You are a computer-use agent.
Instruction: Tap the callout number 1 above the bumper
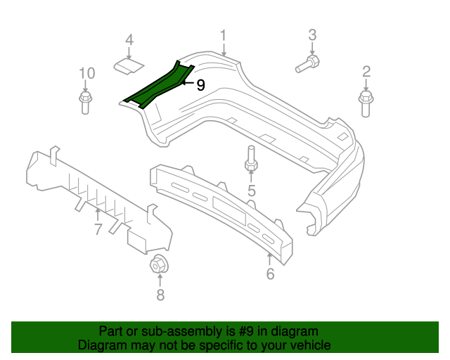(224, 36)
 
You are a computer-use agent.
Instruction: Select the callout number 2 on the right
(366, 70)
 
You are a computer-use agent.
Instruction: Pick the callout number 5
(251, 191)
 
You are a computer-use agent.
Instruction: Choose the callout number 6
(270, 274)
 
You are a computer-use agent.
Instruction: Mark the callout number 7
(98, 229)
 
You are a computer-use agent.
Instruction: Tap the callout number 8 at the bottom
(160, 295)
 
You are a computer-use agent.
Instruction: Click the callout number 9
(200, 85)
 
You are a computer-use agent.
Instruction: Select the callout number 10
(86, 73)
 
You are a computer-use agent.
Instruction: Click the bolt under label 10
(86, 103)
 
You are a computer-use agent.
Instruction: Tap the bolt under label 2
(366, 103)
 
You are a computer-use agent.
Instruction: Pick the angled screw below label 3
(307, 65)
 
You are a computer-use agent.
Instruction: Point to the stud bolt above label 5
(250, 160)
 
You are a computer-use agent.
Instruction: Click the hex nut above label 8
(158, 266)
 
